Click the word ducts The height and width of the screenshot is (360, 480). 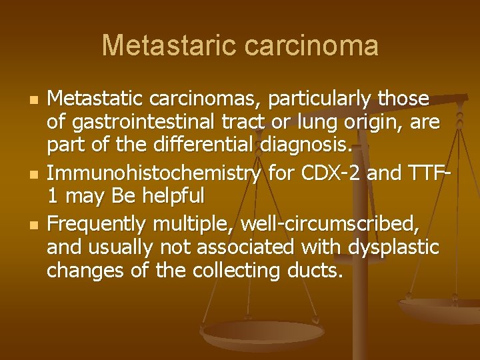coord(313,271)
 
